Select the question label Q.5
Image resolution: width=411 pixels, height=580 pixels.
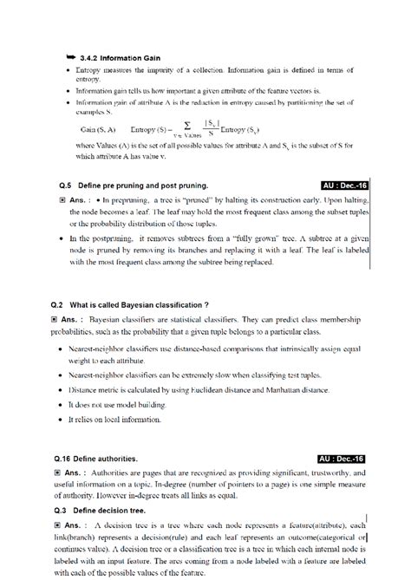(x=59, y=186)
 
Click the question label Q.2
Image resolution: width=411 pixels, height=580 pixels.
(x=59, y=305)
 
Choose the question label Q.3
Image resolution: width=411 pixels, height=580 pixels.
(x=59, y=512)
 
